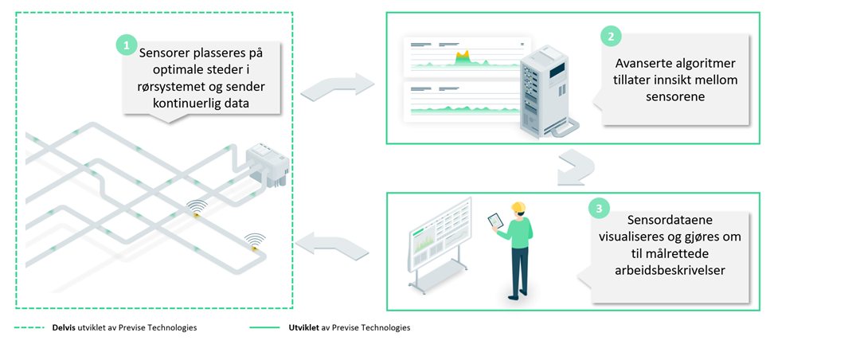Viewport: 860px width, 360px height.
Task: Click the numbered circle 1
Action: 126,44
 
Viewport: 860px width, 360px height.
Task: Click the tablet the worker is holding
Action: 495,221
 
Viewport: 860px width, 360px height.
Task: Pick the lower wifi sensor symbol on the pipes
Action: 255,241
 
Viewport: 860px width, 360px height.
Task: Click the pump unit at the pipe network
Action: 267,164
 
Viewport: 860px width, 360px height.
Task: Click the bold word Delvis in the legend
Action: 64,328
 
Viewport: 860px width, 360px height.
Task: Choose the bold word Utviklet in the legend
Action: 305,328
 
